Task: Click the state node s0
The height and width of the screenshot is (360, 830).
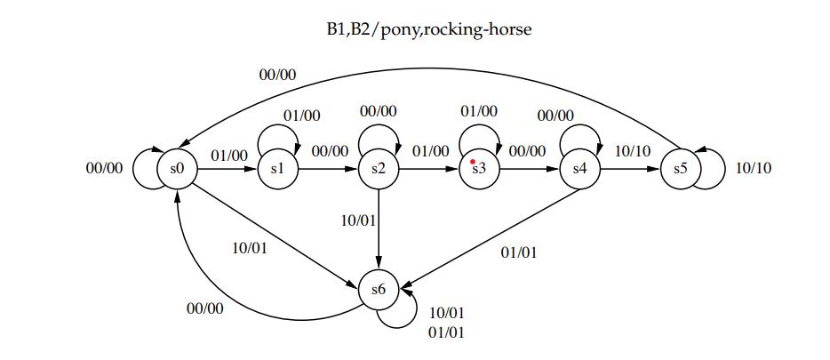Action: (x=176, y=168)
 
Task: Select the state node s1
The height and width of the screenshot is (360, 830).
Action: (x=276, y=168)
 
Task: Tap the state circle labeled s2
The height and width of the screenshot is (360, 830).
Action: (x=379, y=168)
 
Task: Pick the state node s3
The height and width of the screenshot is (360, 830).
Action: (x=479, y=168)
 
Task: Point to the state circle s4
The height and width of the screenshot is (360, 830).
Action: (x=580, y=168)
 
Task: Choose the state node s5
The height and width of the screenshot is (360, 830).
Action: (x=681, y=168)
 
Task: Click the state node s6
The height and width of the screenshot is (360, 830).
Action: (x=379, y=289)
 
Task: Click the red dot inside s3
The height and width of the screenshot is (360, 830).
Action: (x=473, y=162)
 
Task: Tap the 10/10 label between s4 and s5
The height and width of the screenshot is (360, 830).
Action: (x=633, y=152)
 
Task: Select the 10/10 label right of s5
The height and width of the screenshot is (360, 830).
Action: (x=754, y=168)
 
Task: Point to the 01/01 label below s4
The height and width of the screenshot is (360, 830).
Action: (x=519, y=252)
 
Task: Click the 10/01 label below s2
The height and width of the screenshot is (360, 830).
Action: (x=359, y=219)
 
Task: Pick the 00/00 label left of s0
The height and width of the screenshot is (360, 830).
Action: (x=104, y=168)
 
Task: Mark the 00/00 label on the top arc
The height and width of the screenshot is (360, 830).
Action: (x=278, y=75)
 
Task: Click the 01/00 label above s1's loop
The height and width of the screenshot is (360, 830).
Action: (x=302, y=115)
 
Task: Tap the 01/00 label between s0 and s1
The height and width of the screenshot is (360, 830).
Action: (x=229, y=156)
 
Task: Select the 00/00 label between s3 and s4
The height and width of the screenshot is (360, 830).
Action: (x=528, y=152)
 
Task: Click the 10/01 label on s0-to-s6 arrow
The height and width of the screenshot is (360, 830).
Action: (x=250, y=248)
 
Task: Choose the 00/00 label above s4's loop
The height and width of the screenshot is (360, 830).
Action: (x=556, y=115)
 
